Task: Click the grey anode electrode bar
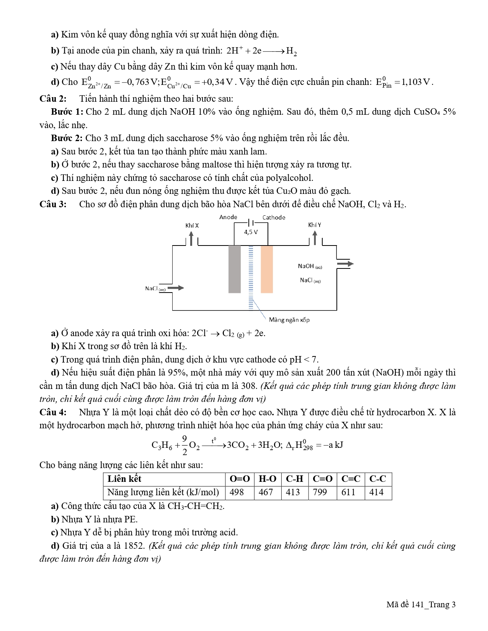point(235,269)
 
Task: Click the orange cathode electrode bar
point(267,269)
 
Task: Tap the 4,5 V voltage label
point(251,232)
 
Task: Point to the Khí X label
point(192,225)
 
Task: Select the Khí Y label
point(315,225)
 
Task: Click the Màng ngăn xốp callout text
point(289,320)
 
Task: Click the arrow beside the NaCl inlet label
point(176,288)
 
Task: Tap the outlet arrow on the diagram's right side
point(345,263)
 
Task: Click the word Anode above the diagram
point(228,217)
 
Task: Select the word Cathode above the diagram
point(274,217)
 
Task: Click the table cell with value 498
point(237,492)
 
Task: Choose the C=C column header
point(351,479)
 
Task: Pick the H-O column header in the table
point(267,479)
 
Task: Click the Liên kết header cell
point(125,479)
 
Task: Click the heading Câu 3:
point(53,204)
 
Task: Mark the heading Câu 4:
point(53,412)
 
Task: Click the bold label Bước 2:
point(67,138)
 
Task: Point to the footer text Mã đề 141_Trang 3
point(421,605)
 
